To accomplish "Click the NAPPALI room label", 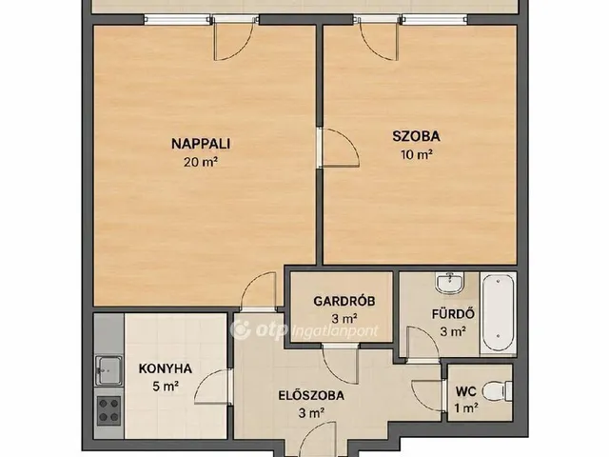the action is pos(201,144).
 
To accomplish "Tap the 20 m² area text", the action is pos(201,162).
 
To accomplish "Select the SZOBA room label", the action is pos(416,136).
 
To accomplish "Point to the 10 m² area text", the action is pos(417,154).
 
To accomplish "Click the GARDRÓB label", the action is pos(344,301).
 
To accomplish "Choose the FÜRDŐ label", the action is pos(453,313).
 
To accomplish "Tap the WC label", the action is pos(466,391).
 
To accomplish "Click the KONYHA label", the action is pos(165,368).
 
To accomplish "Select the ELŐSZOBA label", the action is pos(311,396).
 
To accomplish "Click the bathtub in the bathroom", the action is pos(499,314).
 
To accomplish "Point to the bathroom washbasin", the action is pos(450,283).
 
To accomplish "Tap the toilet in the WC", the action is pos(498,390).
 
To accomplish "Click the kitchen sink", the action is pos(108,370).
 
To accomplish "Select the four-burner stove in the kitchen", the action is pos(108,410).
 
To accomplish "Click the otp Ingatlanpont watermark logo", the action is pos(304,330).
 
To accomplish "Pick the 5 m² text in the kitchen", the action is pos(166,387).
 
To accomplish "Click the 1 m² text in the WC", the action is pos(466,408).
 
